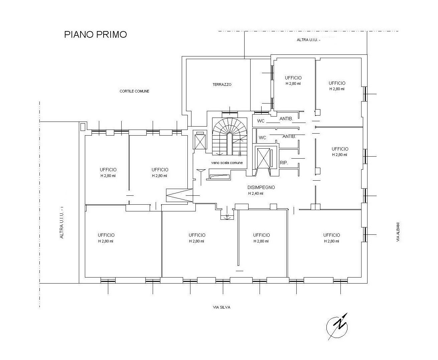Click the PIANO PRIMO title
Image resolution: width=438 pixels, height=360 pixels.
pyautogui.click(x=95, y=34)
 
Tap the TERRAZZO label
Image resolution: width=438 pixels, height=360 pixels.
pyautogui.click(x=222, y=84)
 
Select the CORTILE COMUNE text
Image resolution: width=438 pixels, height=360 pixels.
pyautogui.click(x=134, y=91)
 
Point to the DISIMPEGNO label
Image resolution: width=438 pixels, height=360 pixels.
pyautogui.click(x=261, y=187)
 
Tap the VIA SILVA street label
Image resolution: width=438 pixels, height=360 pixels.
pyautogui.click(x=222, y=307)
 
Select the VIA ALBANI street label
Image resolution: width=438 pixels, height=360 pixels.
pyautogui.click(x=398, y=232)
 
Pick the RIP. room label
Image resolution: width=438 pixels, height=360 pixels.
pyautogui.click(x=284, y=163)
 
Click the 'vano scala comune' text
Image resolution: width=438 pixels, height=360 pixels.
pyautogui.click(x=227, y=163)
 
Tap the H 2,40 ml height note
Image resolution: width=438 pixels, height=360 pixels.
pyautogui.click(x=256, y=193)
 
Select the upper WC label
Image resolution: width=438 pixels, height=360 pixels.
pyautogui.click(x=261, y=121)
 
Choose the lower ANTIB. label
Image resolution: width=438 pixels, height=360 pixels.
pyautogui.click(x=289, y=136)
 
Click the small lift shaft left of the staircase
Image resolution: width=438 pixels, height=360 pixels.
pyautogui.click(x=200, y=140)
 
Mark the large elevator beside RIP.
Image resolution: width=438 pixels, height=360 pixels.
pyautogui.click(x=264, y=158)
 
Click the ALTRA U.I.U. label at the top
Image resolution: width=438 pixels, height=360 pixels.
pyautogui.click(x=308, y=40)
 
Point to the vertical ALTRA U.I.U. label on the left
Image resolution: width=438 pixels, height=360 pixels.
pyautogui.click(x=62, y=222)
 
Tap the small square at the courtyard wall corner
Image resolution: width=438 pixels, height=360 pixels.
pyautogui.click(x=83, y=127)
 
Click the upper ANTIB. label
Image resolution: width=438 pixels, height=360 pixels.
pyautogui.click(x=286, y=119)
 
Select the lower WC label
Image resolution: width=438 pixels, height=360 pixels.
pyautogui.click(x=262, y=138)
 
